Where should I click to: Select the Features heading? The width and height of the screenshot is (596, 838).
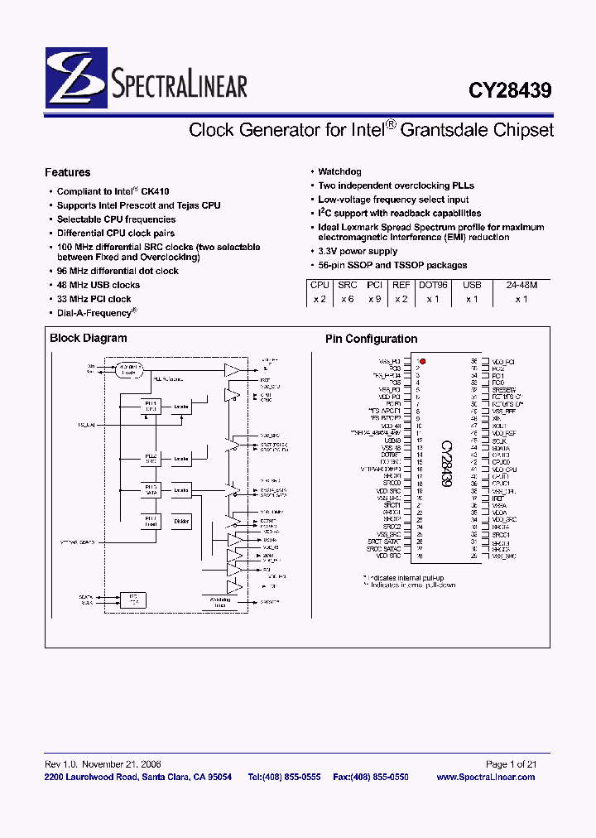point(67,173)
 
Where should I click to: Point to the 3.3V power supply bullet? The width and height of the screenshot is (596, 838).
point(358,251)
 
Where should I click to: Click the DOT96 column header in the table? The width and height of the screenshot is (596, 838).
point(433,284)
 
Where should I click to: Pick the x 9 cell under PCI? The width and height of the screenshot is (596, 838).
point(374,299)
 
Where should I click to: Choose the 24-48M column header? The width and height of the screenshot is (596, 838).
point(521,284)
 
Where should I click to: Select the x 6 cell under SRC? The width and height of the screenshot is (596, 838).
point(347,299)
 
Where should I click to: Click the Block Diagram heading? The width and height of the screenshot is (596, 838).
point(89,338)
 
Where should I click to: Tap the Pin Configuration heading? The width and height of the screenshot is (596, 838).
point(371,339)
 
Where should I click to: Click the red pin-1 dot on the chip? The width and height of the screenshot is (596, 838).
point(422,362)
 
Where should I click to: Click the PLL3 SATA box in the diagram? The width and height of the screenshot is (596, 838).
point(151,490)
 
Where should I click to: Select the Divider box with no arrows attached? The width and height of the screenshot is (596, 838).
point(182,521)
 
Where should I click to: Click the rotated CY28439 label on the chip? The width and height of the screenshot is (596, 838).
point(445,464)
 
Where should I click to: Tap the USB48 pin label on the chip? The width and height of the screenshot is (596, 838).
point(392,440)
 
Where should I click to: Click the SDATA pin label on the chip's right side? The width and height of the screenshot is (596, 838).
point(500,447)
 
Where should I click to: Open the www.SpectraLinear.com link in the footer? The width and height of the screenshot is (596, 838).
point(485,778)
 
